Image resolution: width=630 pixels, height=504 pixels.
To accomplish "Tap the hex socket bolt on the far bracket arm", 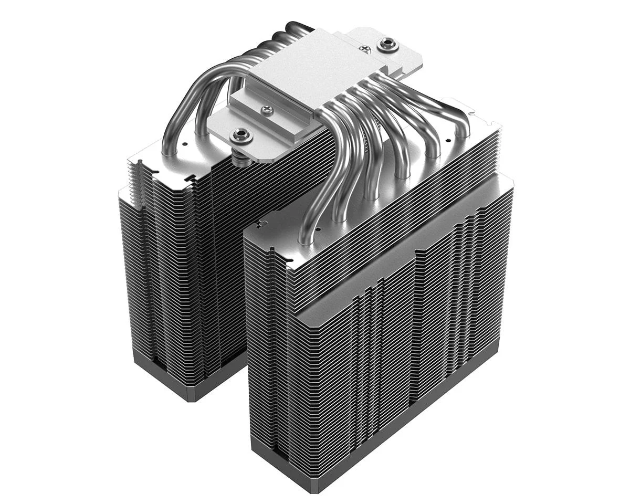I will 387,44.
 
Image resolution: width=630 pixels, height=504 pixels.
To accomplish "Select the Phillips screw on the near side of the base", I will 267,110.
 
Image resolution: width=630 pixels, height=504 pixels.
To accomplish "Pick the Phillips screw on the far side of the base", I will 367,49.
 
